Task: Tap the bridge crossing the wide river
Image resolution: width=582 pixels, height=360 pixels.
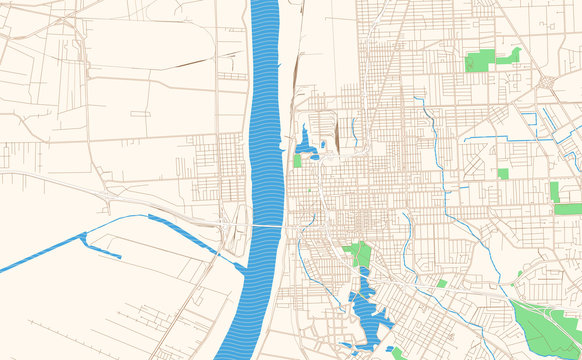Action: tap(265, 226)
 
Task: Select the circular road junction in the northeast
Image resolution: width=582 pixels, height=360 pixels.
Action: tap(548, 81)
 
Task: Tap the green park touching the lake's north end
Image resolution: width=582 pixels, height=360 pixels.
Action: tap(358, 254)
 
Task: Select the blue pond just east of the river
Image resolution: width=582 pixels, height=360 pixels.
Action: tap(306, 143)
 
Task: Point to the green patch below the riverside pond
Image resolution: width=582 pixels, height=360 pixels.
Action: tap(297, 160)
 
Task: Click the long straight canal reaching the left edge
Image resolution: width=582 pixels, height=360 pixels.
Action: tap(40, 256)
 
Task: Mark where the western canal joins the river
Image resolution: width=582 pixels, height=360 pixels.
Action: tap(241, 266)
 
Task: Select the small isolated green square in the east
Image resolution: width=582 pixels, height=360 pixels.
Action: tap(503, 173)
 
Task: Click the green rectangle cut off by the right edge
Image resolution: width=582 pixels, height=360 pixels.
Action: tap(567, 209)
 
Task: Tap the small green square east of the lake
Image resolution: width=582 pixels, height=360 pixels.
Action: tap(441, 283)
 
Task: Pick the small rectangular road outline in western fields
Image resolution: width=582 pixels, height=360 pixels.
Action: tap(140, 113)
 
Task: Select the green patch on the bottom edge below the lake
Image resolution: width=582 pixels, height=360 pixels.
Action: tap(397, 353)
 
